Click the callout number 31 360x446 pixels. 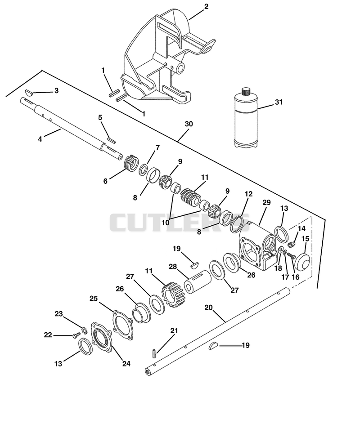point(279,102)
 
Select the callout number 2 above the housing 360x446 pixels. point(206,6)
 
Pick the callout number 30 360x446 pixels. point(189,124)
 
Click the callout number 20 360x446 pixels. point(209,307)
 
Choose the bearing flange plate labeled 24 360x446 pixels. point(101,338)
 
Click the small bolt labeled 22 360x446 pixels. point(76,336)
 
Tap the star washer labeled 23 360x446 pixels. point(84,330)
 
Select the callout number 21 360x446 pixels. point(174,330)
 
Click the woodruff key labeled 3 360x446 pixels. point(29,92)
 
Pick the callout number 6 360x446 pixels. point(105,181)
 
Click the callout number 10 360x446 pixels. point(165,223)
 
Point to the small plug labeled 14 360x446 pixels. point(292,244)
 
